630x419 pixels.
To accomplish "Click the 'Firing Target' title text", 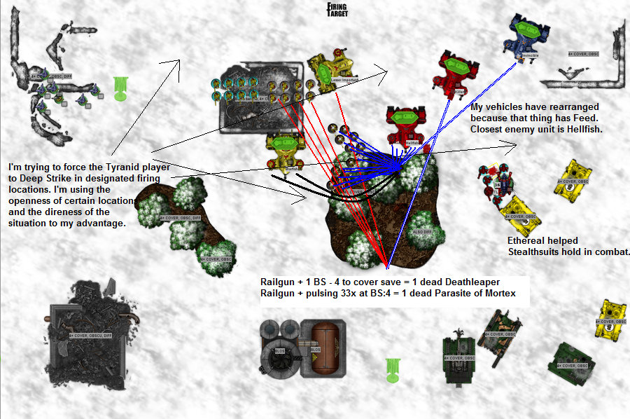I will tap(337, 9).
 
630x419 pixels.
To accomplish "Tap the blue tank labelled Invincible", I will tap(525, 35).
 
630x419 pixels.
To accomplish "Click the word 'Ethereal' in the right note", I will tap(527, 240).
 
